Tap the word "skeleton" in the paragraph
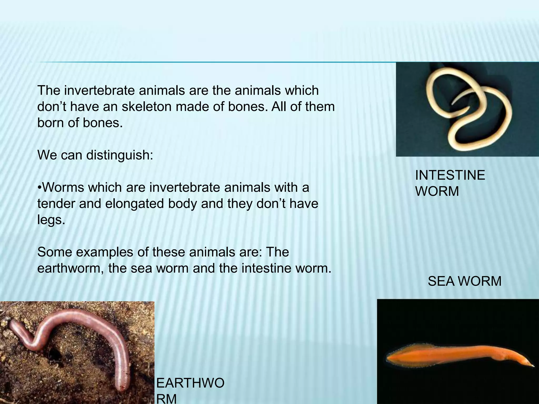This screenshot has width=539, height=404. pyautogui.click(x=152, y=107)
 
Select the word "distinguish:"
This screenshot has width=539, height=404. pyautogui.click(x=119, y=155)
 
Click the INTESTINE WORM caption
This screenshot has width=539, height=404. pyautogui.click(x=450, y=183)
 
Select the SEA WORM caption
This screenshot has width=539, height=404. pyautogui.click(x=465, y=281)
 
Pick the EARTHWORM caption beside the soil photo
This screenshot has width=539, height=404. pyautogui.click(x=190, y=391)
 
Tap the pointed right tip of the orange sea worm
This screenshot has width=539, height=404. pyautogui.click(x=533, y=366)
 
